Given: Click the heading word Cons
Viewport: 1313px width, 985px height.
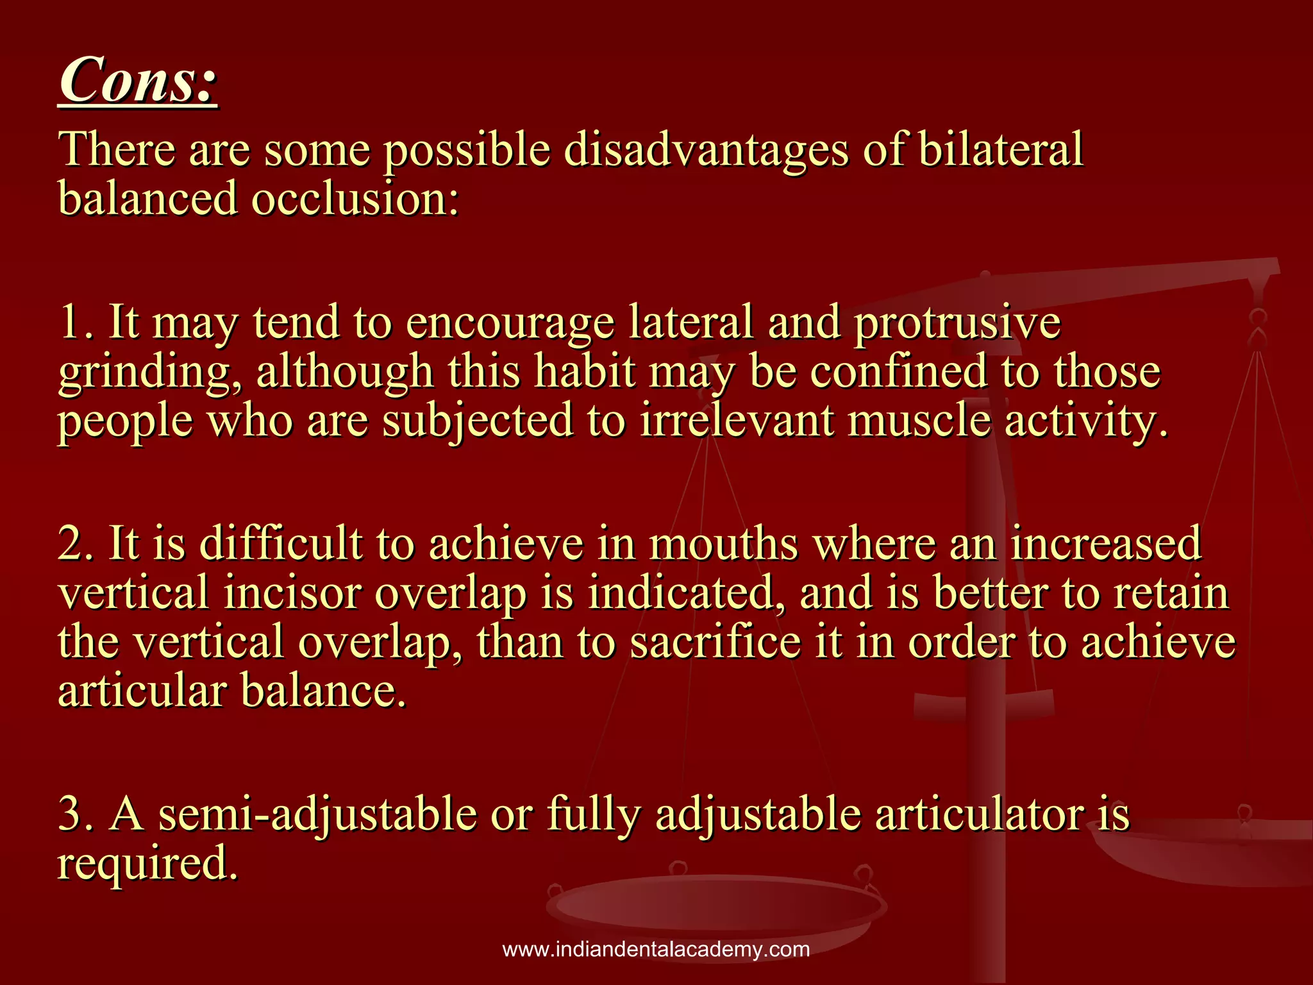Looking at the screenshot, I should [x=137, y=80].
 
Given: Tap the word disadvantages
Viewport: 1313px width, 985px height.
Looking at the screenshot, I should [x=706, y=150].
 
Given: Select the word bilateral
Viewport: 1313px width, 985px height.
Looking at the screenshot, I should [x=1000, y=150].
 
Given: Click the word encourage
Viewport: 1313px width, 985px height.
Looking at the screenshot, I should [x=510, y=323].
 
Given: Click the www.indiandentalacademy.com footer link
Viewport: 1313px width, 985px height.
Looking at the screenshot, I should [x=656, y=949].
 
